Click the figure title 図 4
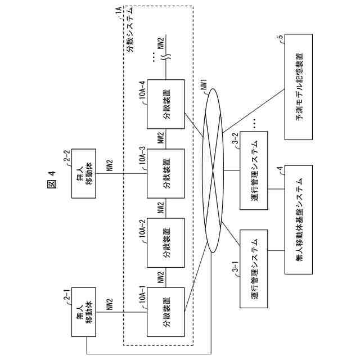(52, 180)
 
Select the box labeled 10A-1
(166, 312)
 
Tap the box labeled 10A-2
(166, 242)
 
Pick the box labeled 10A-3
(166, 173)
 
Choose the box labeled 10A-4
(166, 104)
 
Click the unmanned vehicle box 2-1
(84, 312)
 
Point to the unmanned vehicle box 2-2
(84, 173)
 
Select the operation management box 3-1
(254, 269)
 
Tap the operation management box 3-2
(254, 170)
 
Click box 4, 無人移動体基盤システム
(299, 219)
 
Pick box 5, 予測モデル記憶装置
(299, 87)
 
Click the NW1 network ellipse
(223, 170)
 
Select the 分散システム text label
(130, 29)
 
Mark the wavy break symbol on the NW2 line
(168, 56)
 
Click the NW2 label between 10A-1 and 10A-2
(161, 277)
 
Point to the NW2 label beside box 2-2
(110, 165)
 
